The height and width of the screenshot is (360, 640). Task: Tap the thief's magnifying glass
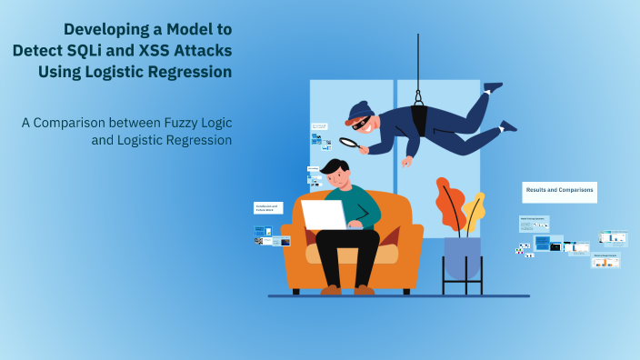[348, 142]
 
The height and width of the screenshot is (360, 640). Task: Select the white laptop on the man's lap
[324, 215]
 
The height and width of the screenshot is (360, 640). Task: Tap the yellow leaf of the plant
[474, 210]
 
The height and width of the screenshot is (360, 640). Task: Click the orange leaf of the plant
[450, 205]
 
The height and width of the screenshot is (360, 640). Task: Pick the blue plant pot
[462, 257]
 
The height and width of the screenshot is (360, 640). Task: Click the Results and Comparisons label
[559, 191]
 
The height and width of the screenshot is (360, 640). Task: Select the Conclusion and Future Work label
[268, 208]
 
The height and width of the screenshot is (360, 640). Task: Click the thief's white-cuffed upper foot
[493, 87]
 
